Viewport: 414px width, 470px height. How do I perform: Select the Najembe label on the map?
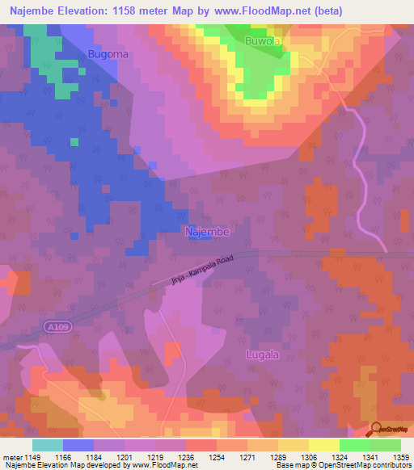coord(208,231)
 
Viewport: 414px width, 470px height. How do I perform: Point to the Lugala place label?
coord(262,355)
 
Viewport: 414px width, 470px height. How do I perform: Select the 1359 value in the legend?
coord(391,456)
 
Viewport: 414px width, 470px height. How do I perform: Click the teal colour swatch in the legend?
coord(47,444)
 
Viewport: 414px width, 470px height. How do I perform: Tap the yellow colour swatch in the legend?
coord(323,444)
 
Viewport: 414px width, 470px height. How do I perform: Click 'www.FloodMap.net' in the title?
coord(240,10)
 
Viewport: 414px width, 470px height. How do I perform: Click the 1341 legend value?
coord(361,456)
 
